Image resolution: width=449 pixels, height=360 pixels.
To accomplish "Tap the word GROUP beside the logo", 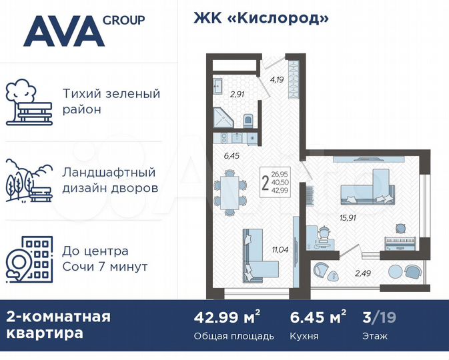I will point(124,19).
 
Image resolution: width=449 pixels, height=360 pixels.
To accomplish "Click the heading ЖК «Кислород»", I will point(262,18).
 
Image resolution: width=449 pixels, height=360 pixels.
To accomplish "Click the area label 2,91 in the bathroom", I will point(236,94).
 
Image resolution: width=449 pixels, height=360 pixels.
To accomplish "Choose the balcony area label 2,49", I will point(362,271).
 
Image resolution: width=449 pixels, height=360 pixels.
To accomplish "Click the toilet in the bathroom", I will point(248,121).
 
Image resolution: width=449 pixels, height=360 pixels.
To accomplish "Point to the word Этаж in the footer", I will point(374,335).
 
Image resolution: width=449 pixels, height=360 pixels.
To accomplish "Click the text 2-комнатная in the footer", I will point(58,315).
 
